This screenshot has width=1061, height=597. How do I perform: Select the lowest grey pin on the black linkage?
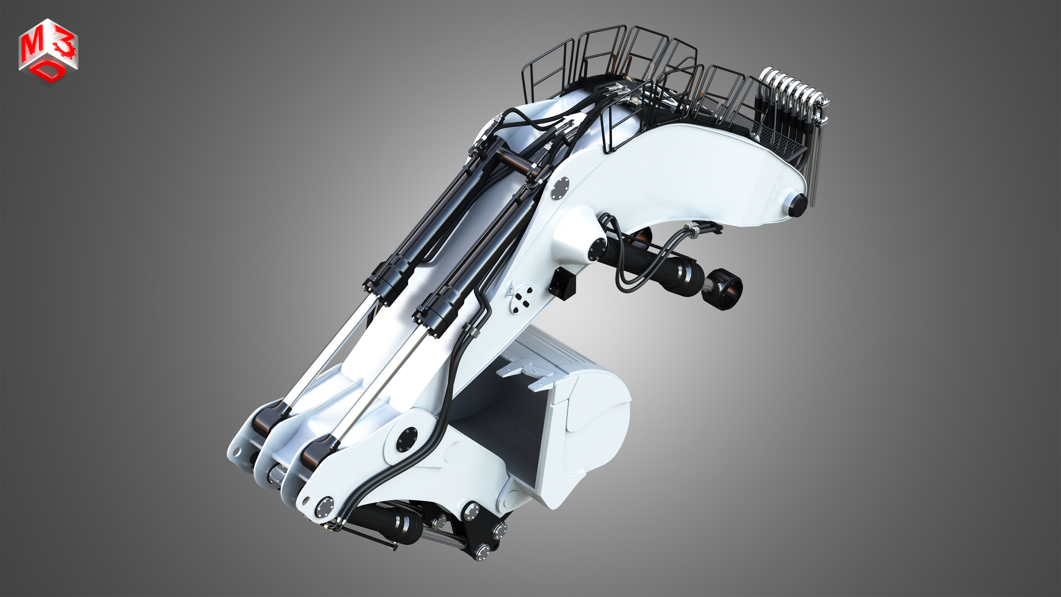pyautogui.click(x=482, y=552)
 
